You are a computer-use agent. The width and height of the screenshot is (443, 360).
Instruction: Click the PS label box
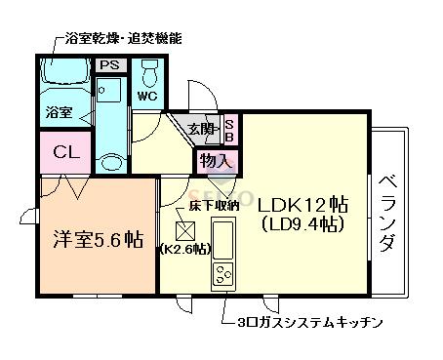[110, 65]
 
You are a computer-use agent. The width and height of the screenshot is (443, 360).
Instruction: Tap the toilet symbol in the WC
[150, 74]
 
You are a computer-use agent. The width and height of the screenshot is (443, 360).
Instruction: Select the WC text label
[147, 97]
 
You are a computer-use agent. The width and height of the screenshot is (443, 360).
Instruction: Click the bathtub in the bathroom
[66, 71]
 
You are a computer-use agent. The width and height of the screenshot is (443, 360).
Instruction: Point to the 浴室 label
[59, 112]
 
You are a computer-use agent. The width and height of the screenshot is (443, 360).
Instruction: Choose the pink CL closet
[65, 152]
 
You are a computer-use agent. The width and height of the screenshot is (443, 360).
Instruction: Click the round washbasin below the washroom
[111, 163]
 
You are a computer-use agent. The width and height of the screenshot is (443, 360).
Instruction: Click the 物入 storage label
[217, 161]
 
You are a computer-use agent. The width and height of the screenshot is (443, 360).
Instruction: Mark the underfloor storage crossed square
[184, 231]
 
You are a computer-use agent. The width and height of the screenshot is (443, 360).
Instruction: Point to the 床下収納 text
[215, 206]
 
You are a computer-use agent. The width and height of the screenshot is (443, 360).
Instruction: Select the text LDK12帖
[303, 205]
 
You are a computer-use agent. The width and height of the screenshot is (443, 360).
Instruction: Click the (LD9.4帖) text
[302, 224]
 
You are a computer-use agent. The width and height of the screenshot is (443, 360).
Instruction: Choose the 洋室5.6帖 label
[98, 240]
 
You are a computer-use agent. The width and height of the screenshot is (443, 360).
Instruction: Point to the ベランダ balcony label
[388, 214]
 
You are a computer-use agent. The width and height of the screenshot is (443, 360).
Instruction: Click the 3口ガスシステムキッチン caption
[309, 323]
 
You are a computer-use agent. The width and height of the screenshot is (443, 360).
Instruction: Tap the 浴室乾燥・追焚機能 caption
[123, 39]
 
